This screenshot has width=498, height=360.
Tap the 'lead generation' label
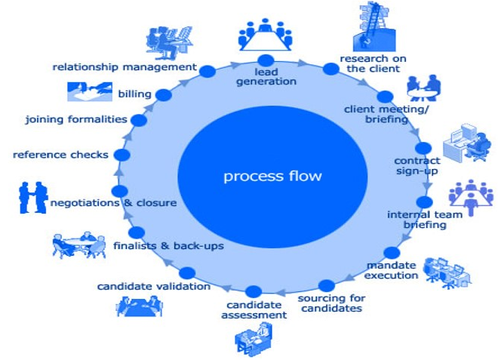coord(266,76)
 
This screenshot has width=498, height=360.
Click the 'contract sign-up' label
coord(416,166)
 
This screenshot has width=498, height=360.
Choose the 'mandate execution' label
coord(392,270)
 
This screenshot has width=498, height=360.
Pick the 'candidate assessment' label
coord(254,309)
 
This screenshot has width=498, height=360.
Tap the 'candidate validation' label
coord(154,287)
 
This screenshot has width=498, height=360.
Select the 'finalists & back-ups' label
coord(168,246)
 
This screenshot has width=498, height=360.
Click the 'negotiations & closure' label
coord(113,202)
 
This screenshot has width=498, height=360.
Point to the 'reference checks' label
coord(60,155)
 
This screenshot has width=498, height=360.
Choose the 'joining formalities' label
coord(75,119)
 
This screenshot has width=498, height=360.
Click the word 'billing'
coord(134,94)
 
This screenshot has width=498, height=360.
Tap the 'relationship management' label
coord(124,67)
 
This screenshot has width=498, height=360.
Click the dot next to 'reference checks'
coord(121,155)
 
